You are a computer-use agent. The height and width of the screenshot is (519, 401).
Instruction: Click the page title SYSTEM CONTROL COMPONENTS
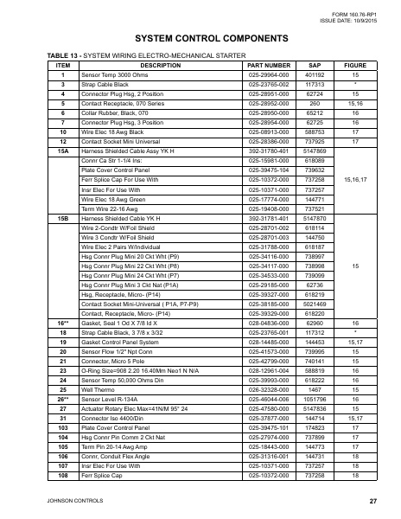point(200,41)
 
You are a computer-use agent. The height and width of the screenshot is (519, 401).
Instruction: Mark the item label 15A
point(62,151)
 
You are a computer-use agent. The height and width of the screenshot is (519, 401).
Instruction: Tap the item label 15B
point(62,219)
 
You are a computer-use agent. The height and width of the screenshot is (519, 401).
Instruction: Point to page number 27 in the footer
point(372,502)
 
